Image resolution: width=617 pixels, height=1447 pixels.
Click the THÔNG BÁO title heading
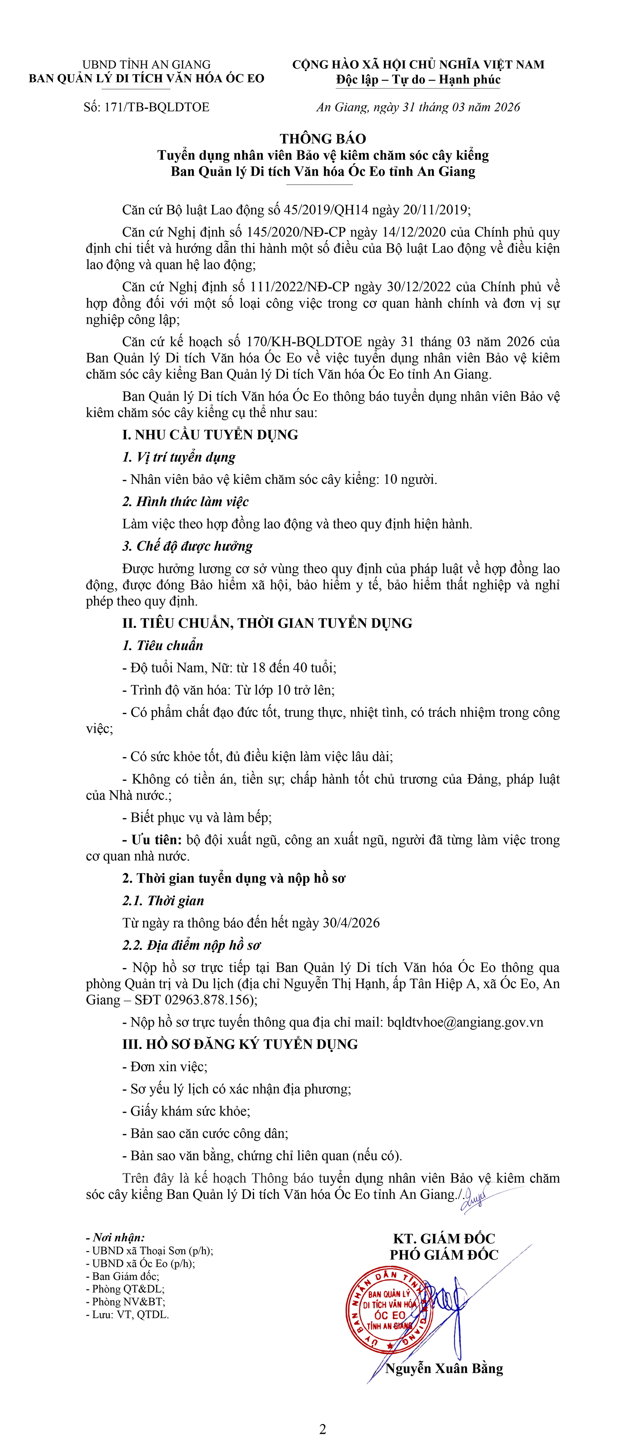pos(323,139)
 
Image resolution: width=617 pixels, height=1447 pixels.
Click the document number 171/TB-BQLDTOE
pos(157,107)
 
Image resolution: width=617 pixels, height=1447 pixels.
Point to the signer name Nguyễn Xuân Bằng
pos(444,1368)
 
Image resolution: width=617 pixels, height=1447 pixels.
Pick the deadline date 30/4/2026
pos(351,923)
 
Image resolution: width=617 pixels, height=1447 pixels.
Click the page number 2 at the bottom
pos(323,1429)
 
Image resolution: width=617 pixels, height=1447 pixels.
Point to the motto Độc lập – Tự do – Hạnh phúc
pos(418,80)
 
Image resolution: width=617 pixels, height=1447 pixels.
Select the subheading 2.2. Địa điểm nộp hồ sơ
pos(192,945)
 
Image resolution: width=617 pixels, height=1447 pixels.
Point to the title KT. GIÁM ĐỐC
pos(444,1239)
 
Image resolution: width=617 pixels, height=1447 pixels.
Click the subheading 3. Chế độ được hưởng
pos(188,546)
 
